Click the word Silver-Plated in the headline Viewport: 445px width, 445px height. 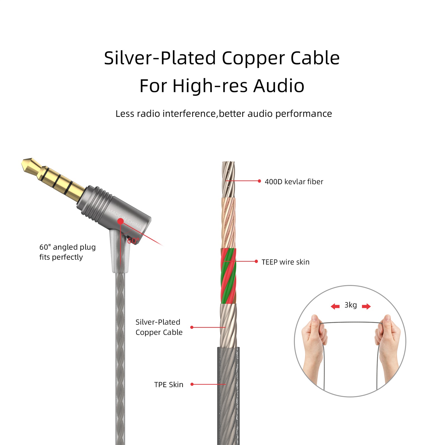tap(160, 58)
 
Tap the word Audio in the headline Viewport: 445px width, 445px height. tap(279, 86)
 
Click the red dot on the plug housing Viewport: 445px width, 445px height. tap(120, 221)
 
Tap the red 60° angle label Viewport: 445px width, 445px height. tap(133, 241)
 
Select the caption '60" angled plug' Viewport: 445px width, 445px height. tap(68, 247)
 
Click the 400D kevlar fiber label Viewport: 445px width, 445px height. tap(294, 182)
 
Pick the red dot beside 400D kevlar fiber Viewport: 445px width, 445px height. tap(259, 181)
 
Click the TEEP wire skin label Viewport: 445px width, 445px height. tap(285, 262)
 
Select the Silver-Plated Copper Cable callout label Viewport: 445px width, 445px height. tap(159, 327)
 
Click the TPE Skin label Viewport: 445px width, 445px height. tap(169, 384)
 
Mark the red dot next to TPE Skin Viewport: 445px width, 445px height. tap(192, 384)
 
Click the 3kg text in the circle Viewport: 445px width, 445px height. tap(351, 305)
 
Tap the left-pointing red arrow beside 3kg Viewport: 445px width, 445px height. tap(335, 307)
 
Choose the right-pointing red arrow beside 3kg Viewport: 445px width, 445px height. tap(366, 307)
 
